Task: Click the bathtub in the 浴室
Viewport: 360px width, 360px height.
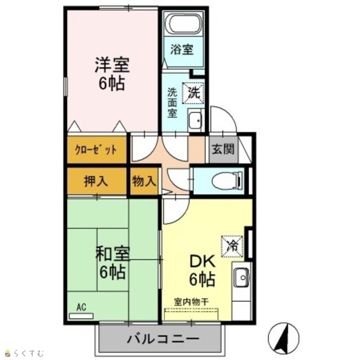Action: [x=185, y=24]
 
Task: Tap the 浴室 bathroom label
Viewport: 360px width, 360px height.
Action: [x=182, y=49]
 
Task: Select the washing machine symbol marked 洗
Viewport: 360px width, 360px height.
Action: [x=193, y=93]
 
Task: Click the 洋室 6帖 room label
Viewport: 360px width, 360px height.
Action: [x=112, y=73]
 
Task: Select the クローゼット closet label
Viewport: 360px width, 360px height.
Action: [x=96, y=150]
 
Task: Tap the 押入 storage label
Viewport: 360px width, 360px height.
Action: [x=96, y=181]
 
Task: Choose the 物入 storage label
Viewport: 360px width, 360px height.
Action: [x=144, y=181]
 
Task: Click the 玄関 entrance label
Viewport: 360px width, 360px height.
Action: [x=223, y=149]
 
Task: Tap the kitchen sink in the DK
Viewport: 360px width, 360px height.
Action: [x=241, y=277]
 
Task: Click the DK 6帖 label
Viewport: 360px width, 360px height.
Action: [x=202, y=270]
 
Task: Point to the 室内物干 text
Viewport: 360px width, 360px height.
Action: [x=191, y=301]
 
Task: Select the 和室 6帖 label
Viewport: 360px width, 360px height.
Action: [x=112, y=262]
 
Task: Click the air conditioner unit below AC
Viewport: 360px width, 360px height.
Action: [x=81, y=316]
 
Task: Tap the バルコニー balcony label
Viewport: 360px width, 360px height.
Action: [x=163, y=339]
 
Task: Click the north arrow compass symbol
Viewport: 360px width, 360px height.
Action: [x=283, y=338]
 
